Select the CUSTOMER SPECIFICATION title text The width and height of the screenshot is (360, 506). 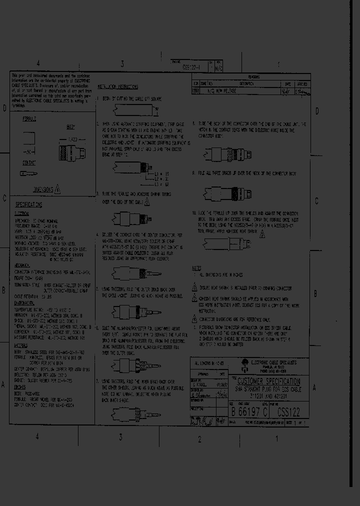268,382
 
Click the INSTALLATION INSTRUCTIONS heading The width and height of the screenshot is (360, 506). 119,86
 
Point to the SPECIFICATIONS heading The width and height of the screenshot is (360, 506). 28,205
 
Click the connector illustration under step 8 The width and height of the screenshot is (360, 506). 227,154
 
